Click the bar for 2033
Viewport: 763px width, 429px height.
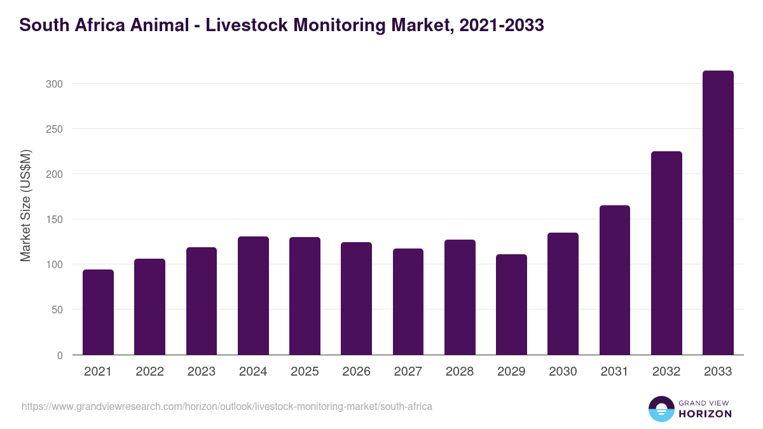[x=718, y=213]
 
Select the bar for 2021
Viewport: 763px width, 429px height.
[x=98, y=312]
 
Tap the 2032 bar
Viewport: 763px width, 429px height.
[x=666, y=253]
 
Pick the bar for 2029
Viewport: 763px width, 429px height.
[x=511, y=304]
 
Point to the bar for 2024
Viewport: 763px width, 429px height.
[x=253, y=296]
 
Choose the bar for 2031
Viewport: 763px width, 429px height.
[x=614, y=280]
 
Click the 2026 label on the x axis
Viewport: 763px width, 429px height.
[x=356, y=372]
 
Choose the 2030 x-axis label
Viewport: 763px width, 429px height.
[x=563, y=372]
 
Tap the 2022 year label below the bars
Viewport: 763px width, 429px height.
[x=149, y=372]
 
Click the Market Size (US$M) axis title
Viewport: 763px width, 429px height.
[x=25, y=205]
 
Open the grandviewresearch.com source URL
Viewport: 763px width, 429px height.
[x=227, y=406]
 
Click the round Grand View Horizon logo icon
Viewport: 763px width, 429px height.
[x=661, y=409]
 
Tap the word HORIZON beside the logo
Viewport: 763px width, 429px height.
[x=705, y=414]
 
